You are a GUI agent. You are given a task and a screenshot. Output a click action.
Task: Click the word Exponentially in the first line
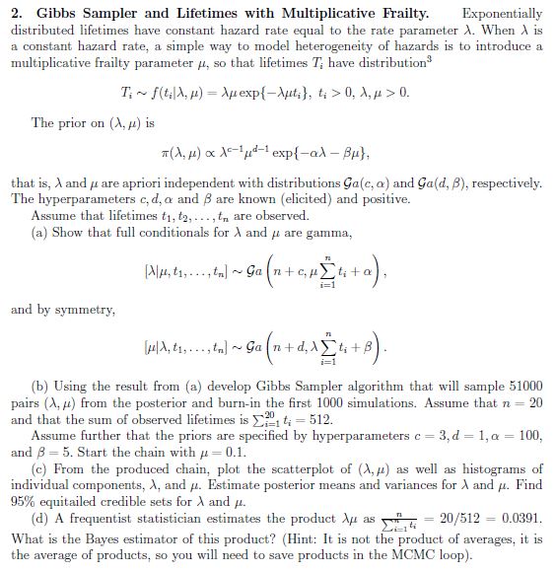(502, 15)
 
